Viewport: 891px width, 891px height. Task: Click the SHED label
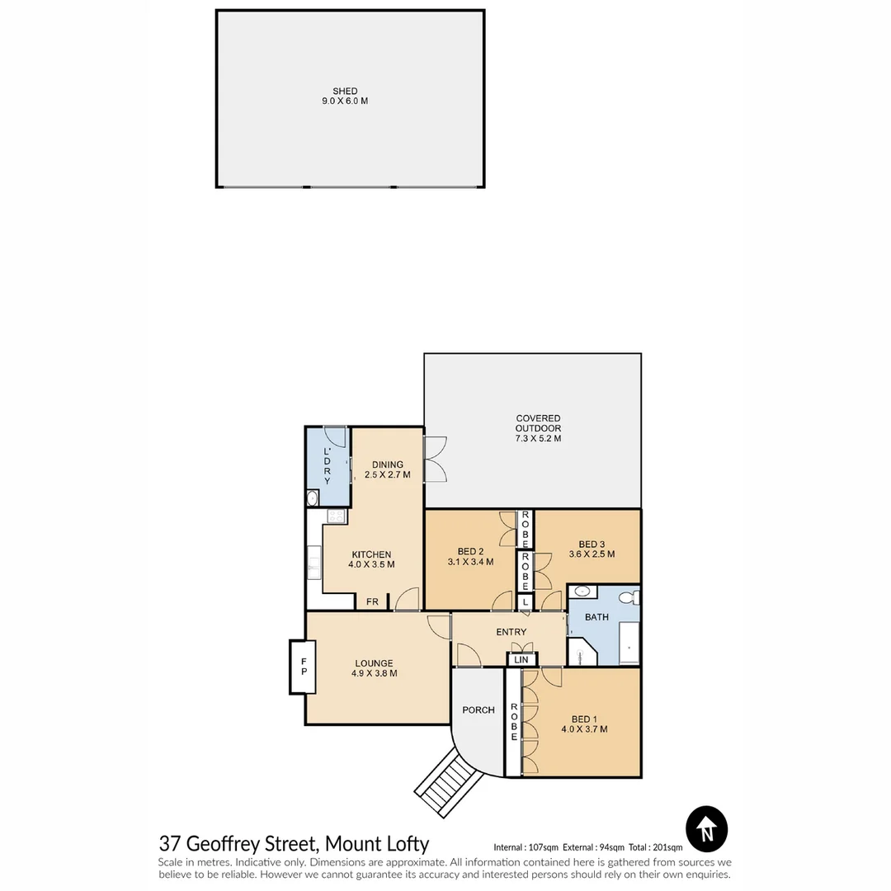point(345,91)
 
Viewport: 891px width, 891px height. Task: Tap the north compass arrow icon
point(707,828)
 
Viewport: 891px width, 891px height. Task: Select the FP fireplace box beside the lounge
point(304,667)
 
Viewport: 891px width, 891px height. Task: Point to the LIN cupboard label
point(521,660)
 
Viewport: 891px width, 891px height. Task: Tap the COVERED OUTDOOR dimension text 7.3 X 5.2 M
point(538,439)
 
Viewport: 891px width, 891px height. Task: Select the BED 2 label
point(469,551)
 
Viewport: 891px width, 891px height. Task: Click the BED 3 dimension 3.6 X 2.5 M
point(592,554)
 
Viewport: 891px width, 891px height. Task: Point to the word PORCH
point(478,709)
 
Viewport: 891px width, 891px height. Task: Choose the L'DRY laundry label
point(327,465)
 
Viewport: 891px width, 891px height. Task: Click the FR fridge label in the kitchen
point(373,602)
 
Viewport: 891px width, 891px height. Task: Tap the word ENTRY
point(511,632)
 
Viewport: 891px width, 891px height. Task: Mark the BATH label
point(596,616)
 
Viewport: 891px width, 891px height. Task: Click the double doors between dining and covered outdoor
point(434,460)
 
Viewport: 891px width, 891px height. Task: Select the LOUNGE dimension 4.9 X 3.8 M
point(375,673)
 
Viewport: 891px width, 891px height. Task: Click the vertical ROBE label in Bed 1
point(514,722)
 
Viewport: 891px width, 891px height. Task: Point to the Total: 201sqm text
point(655,847)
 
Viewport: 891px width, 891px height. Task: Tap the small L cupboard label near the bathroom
point(526,603)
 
